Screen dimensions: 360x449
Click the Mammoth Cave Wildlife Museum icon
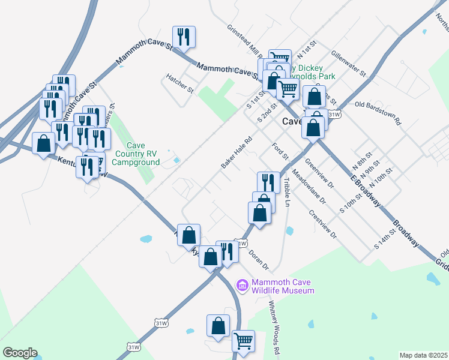pyautogui.click(x=243, y=285)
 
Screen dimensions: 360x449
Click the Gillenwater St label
pyautogui.click(x=348, y=64)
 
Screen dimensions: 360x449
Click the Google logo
pyautogui.click(x=20, y=353)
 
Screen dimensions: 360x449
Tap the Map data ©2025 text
pyautogui.click(x=423, y=355)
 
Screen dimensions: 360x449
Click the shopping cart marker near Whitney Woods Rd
pyautogui.click(x=243, y=341)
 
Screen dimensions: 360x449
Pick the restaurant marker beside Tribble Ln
pyautogui.click(x=268, y=182)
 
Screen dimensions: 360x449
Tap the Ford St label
pyautogui.click(x=280, y=151)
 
